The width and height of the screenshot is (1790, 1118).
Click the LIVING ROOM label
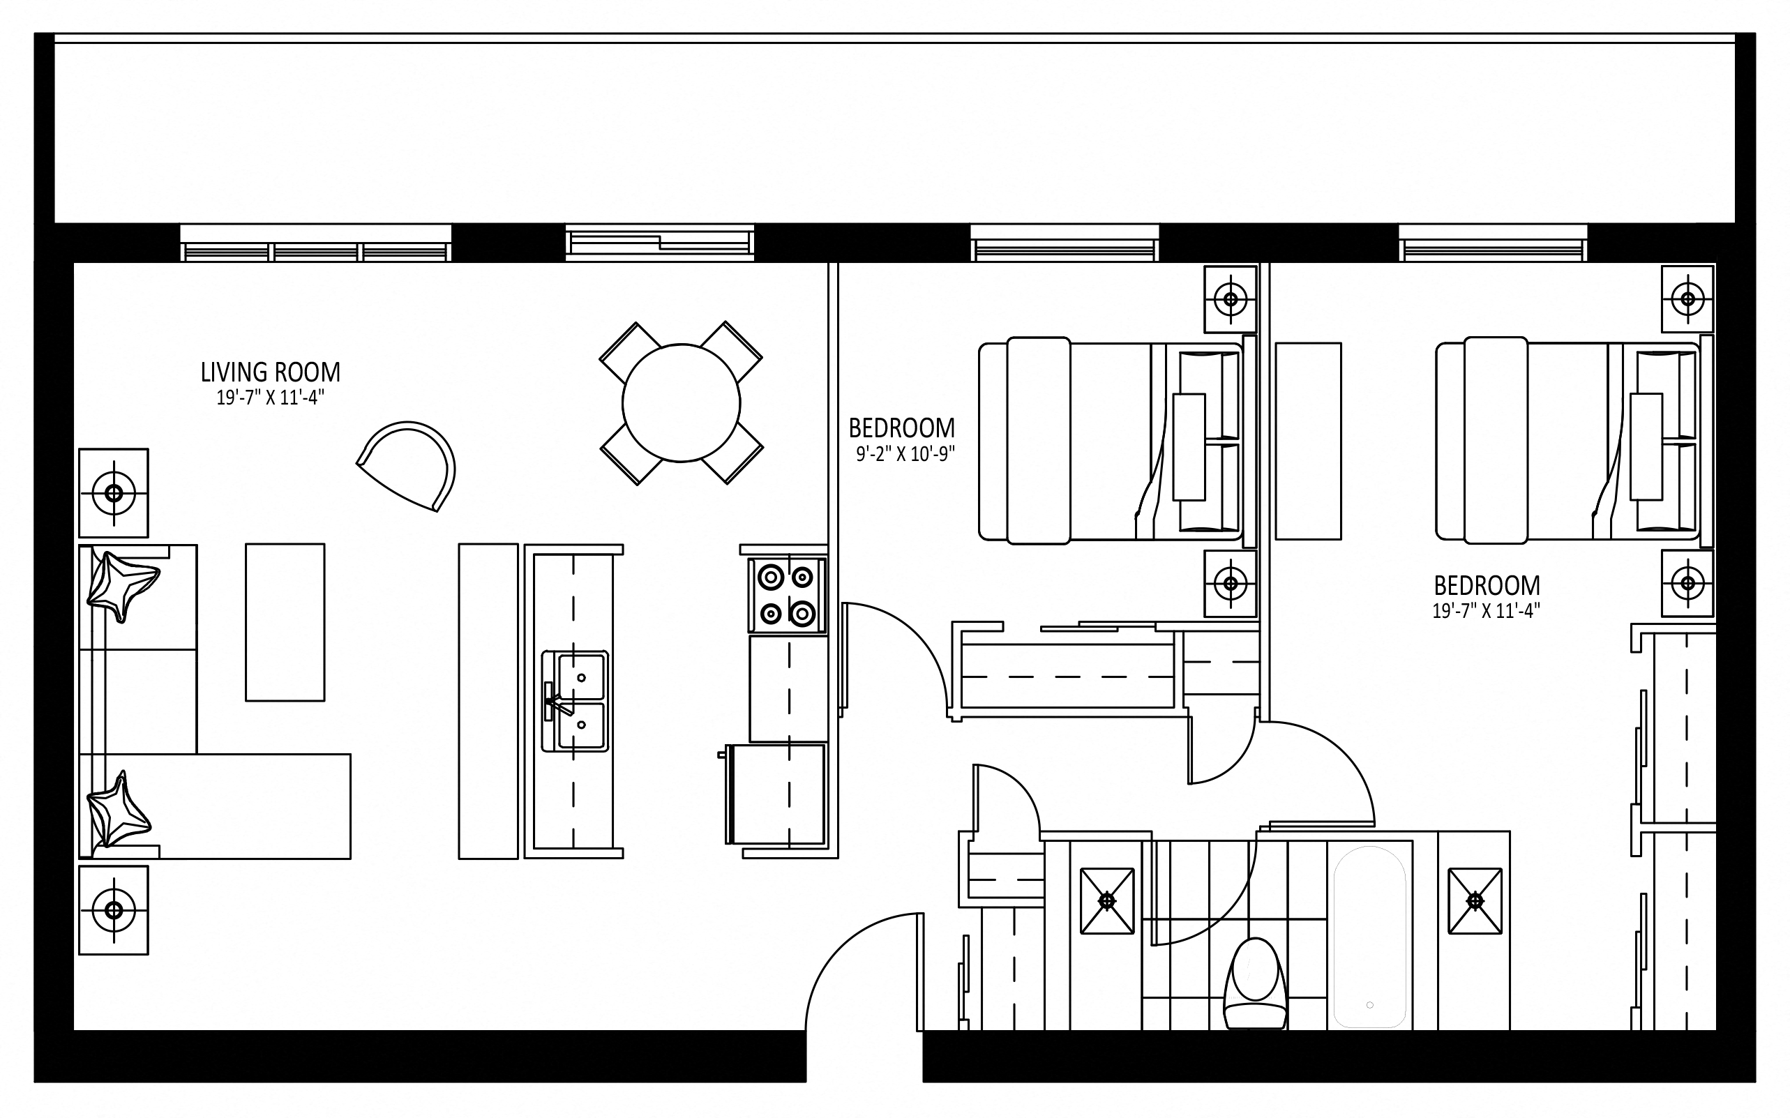pyautogui.click(x=271, y=372)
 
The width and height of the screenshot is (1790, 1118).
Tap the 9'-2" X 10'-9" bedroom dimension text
pyautogui.click(x=905, y=454)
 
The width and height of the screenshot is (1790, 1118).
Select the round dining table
pyautogui.click(x=681, y=403)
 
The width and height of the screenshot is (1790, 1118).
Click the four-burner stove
pyautogui.click(x=787, y=595)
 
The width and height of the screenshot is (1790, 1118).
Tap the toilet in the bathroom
pyautogui.click(x=1255, y=983)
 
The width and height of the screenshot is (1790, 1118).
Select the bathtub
pyautogui.click(x=1369, y=937)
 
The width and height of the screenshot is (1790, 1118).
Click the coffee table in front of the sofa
pyautogui.click(x=285, y=622)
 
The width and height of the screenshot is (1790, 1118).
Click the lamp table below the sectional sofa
pyautogui.click(x=114, y=909)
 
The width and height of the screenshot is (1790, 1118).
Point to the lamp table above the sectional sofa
pyautogui.click(x=114, y=492)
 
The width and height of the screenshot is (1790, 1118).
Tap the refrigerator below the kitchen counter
pyautogui.click(x=776, y=794)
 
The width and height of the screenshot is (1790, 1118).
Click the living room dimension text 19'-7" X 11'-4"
pyautogui.click(x=271, y=398)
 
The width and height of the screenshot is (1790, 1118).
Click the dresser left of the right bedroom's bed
pyautogui.click(x=1308, y=441)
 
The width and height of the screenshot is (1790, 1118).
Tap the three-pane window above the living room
pyautogui.click(x=316, y=243)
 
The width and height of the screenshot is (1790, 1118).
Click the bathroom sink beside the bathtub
pyautogui.click(x=1475, y=900)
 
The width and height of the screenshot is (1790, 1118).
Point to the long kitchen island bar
pyautogui.click(x=488, y=701)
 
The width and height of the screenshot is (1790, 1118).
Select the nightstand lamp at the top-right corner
pyautogui.click(x=1688, y=299)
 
